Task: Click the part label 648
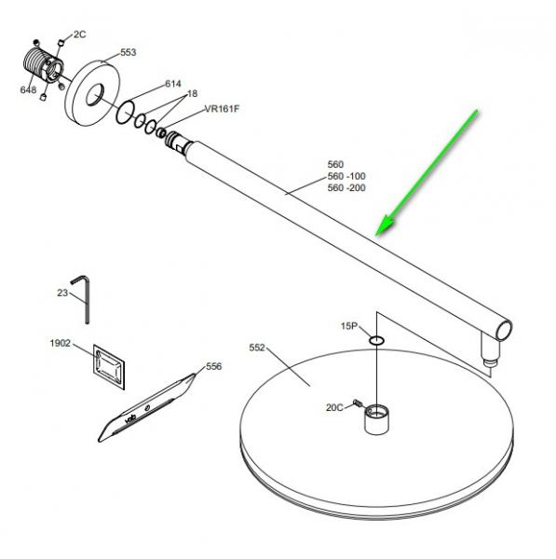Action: [28, 89]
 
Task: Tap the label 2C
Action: [80, 34]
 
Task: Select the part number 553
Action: [128, 52]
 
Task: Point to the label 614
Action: [173, 84]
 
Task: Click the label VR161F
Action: [222, 109]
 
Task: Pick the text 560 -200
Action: [346, 187]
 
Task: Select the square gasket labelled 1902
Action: [109, 367]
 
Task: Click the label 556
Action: [214, 366]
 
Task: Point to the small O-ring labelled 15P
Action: [376, 340]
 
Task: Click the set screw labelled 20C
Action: [358, 402]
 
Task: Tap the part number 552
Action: [257, 348]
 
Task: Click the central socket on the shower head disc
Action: [376, 419]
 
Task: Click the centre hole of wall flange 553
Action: [95, 95]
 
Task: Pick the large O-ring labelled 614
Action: [125, 113]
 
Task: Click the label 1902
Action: [61, 343]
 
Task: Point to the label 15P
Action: [349, 326]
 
